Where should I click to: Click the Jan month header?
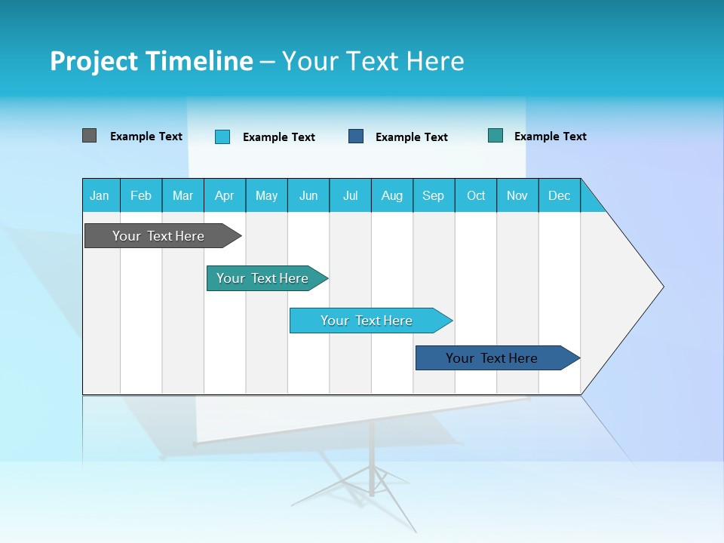point(100,195)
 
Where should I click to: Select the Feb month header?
point(141,195)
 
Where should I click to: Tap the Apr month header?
point(224,195)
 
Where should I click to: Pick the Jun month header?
point(308,195)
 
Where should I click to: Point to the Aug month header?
point(392,195)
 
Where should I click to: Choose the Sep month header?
point(433,195)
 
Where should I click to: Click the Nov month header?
point(517,195)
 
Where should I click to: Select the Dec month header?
point(559,195)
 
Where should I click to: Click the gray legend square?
point(89,136)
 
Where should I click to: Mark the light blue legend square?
point(222,137)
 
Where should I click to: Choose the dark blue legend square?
point(356,137)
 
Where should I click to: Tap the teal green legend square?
point(495,136)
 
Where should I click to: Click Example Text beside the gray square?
point(146,137)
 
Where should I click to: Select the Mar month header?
point(183,195)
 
